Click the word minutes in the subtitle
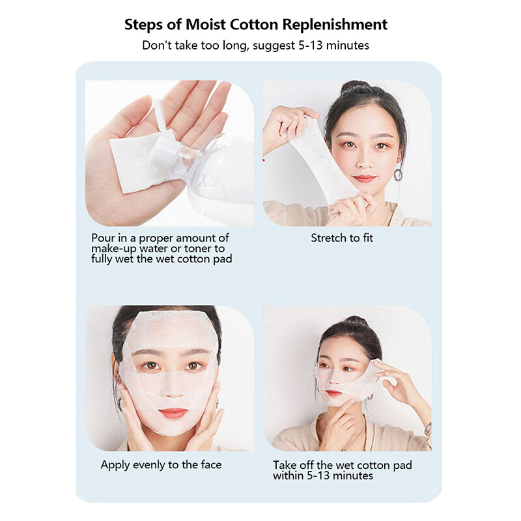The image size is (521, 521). (350, 46)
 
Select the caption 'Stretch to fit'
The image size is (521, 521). (342, 238)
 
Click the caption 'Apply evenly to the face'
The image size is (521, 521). (161, 465)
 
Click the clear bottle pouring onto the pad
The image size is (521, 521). (189, 163)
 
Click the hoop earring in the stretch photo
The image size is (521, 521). (397, 175)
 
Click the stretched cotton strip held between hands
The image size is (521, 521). (326, 156)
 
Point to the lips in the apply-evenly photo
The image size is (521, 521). (172, 413)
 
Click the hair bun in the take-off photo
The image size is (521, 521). (355, 322)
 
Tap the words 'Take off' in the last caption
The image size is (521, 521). (294, 465)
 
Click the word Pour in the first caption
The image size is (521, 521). (102, 238)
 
